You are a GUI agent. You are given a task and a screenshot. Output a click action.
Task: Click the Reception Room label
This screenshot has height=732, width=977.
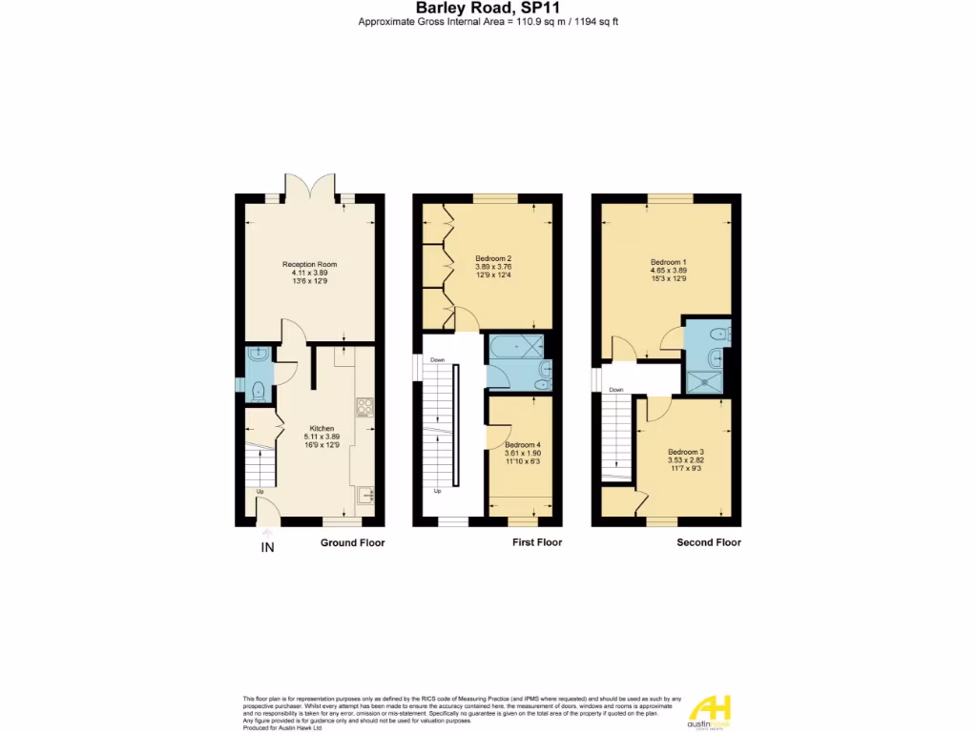pyautogui.click(x=309, y=264)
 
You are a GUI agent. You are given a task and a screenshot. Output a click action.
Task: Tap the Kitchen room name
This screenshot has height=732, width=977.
pyautogui.click(x=322, y=429)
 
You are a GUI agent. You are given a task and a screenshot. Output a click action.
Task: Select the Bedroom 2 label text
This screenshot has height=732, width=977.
pyautogui.click(x=494, y=258)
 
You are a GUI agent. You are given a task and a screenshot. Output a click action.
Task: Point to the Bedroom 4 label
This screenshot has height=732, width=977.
pyautogui.click(x=522, y=445)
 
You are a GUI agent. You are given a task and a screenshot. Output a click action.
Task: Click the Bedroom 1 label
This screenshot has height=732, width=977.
pyautogui.click(x=668, y=262)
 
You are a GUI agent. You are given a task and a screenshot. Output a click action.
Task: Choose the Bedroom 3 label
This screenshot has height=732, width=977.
pyautogui.click(x=685, y=452)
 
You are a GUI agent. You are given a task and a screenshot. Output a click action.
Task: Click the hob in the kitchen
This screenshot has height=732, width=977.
pyautogui.click(x=364, y=407)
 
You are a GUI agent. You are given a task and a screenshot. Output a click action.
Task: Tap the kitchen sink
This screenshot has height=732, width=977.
pyautogui.click(x=364, y=494)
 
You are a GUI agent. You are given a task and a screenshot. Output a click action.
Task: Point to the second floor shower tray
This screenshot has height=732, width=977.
pyautogui.click(x=705, y=381)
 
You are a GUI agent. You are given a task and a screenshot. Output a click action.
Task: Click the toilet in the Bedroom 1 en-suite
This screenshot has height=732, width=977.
pyautogui.click(x=722, y=333)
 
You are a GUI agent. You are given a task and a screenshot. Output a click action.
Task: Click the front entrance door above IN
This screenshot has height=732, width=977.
pyautogui.click(x=268, y=515)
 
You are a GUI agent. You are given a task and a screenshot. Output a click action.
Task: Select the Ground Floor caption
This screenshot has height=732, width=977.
pyautogui.click(x=352, y=542)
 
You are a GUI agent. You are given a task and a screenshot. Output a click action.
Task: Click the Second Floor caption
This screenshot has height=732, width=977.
pyautogui.click(x=708, y=542)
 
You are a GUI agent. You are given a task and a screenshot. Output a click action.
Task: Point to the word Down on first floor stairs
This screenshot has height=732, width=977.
pyautogui.click(x=437, y=360)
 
